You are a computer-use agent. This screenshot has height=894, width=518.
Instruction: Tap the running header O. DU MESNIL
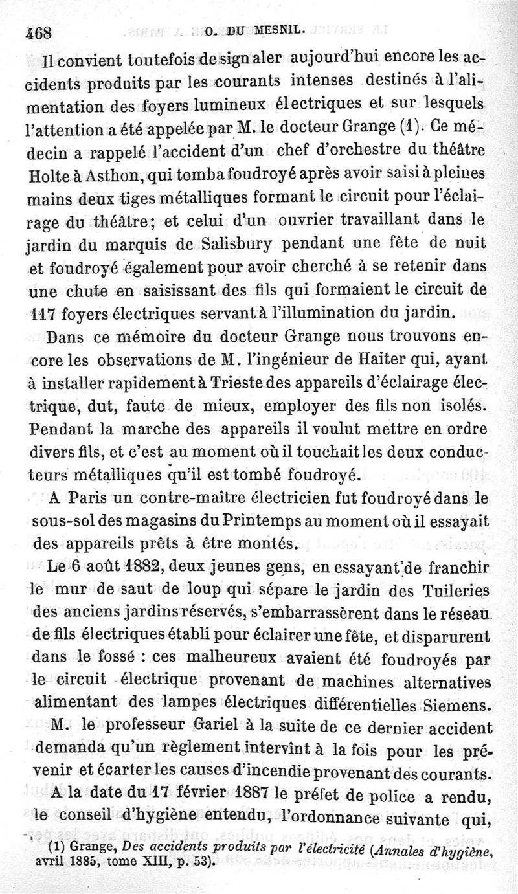248,29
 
